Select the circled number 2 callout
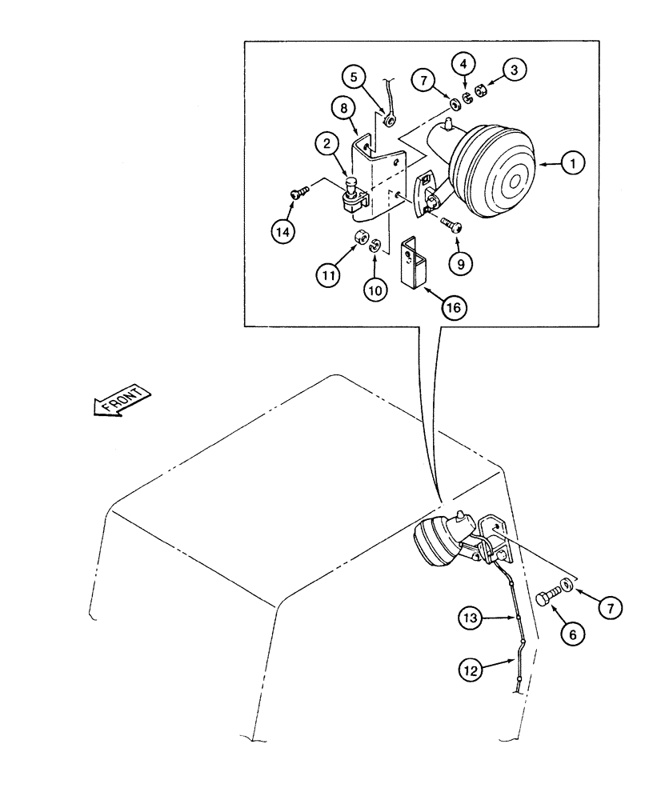(x=324, y=145)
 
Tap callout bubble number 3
(x=515, y=70)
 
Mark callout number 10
(x=372, y=289)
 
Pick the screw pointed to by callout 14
(x=299, y=192)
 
